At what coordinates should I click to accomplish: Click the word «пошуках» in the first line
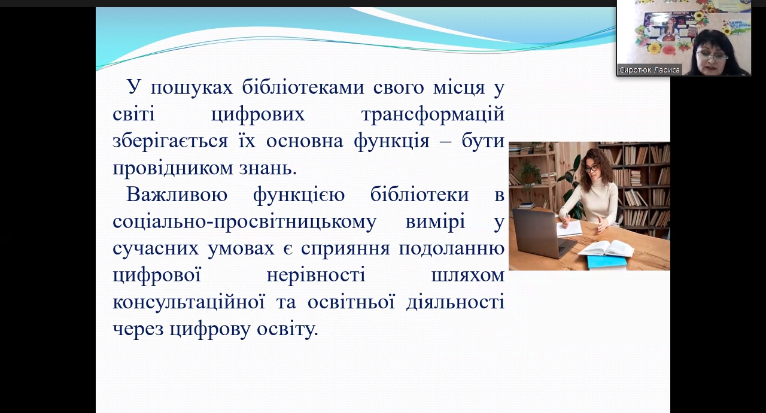tap(191, 88)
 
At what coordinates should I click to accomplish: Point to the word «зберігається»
tap(171, 141)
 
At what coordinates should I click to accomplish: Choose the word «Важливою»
tap(177, 195)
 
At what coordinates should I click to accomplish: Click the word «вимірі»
tap(435, 222)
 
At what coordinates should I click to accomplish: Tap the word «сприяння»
tap(345, 249)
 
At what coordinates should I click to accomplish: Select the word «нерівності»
tap(316, 275)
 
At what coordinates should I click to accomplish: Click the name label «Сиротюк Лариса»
tap(649, 70)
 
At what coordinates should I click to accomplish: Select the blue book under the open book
tap(607, 262)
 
